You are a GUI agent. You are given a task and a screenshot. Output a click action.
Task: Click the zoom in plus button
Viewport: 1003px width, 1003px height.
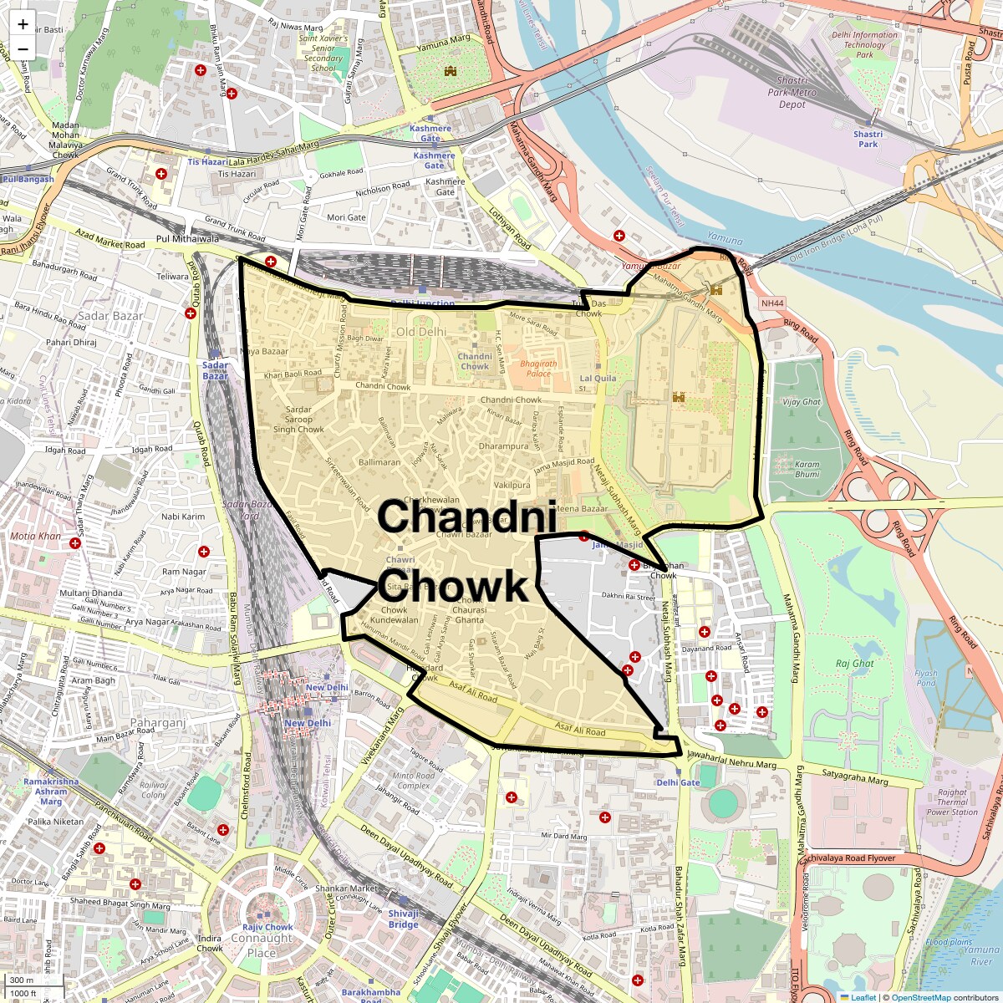pos(23,24)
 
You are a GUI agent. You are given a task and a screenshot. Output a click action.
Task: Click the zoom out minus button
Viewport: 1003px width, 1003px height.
pos(23,48)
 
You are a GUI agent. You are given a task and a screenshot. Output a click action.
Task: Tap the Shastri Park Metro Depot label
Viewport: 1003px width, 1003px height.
pos(792,93)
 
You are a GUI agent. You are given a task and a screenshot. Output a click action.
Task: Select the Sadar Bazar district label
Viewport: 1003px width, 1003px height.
pos(110,316)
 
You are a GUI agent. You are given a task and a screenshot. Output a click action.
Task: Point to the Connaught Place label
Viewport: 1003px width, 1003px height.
pos(262,945)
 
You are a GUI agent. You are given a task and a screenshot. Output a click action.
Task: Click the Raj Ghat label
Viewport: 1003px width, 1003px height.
pos(854,664)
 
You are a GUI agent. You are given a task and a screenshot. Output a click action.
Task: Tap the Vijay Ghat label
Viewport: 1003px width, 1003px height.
pos(801,402)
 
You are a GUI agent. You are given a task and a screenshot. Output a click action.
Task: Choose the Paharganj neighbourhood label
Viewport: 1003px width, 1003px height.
pos(157,722)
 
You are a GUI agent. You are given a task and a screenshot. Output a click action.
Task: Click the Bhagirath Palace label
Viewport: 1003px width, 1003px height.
pos(538,369)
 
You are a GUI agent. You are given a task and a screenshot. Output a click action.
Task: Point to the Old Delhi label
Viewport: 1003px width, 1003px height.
pos(421,332)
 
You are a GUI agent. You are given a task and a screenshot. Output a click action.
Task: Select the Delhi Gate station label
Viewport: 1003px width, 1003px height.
pos(678,782)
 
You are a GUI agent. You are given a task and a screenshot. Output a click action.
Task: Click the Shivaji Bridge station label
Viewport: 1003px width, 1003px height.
pos(403,919)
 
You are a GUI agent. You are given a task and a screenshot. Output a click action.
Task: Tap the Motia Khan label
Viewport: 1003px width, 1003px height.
pos(35,536)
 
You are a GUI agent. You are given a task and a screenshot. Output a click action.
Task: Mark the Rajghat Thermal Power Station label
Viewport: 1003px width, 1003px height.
pos(952,802)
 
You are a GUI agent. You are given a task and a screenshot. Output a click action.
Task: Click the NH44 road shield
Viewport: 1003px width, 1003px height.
pos(771,303)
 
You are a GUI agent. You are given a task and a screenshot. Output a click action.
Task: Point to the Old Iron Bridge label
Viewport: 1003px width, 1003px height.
pos(836,239)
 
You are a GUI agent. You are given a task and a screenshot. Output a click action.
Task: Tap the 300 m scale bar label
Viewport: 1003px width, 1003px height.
pos(22,980)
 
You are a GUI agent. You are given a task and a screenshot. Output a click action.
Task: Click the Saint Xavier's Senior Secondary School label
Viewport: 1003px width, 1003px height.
pos(323,53)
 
